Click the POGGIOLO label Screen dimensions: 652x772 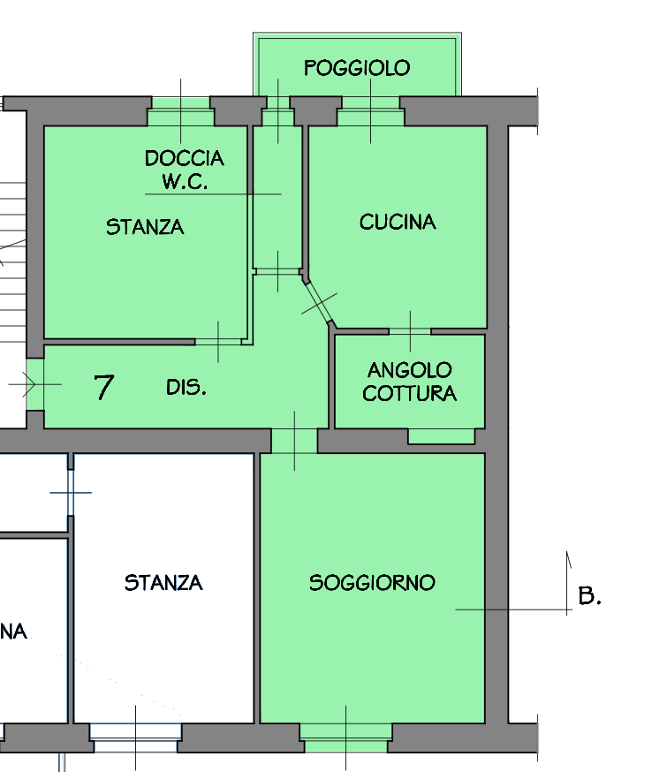[357, 68]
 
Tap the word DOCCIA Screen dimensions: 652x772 [185, 158]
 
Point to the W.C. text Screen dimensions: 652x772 [185, 182]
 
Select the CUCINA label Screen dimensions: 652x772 [398, 222]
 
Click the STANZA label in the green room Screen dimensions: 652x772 [145, 227]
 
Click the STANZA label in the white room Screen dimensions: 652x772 [163, 583]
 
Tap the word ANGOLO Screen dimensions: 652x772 [410, 370]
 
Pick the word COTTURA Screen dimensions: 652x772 [410, 393]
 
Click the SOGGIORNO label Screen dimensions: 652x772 [372, 583]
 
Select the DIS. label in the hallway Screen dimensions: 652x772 [186, 388]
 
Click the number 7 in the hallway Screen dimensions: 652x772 [104, 387]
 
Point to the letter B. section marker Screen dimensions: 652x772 [589, 595]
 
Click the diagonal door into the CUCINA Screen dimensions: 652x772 [318, 303]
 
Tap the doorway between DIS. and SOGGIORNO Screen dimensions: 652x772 [294, 441]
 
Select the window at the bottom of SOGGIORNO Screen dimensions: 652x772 [345, 738]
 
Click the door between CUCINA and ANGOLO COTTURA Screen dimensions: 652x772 [410, 332]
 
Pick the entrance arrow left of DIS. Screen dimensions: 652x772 [28, 384]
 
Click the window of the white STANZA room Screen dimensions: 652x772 [135, 738]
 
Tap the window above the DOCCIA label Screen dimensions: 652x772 [181, 111]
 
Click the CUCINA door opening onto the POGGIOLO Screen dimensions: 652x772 [371, 111]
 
